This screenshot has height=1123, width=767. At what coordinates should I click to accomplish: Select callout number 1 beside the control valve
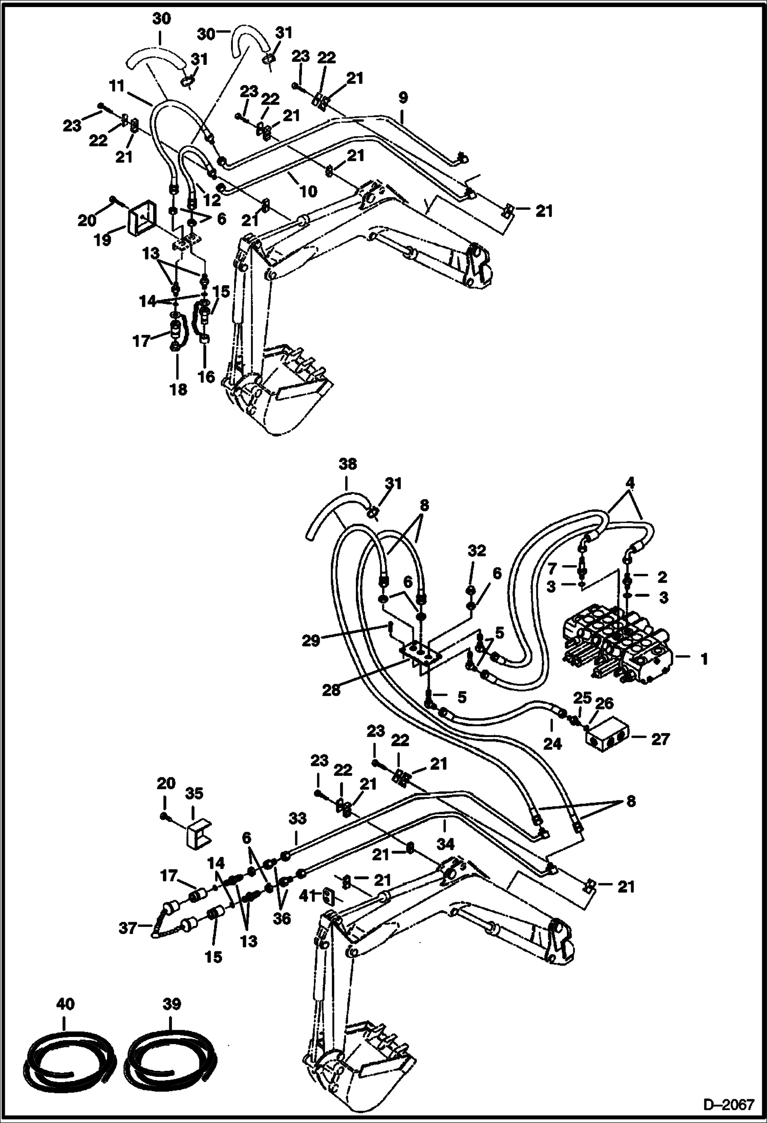tap(704, 659)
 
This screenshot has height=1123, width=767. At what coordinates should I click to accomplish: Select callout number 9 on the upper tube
tap(402, 98)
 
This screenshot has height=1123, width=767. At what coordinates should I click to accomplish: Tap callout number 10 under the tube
tap(308, 191)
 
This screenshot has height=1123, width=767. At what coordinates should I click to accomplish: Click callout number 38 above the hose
tap(347, 464)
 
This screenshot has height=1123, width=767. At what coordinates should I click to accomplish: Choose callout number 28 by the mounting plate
tap(331, 690)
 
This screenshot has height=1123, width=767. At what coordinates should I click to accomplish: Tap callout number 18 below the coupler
tap(179, 389)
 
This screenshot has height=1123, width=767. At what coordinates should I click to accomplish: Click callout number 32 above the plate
tap(476, 551)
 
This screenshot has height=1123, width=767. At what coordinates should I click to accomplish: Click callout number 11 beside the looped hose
tap(117, 86)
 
